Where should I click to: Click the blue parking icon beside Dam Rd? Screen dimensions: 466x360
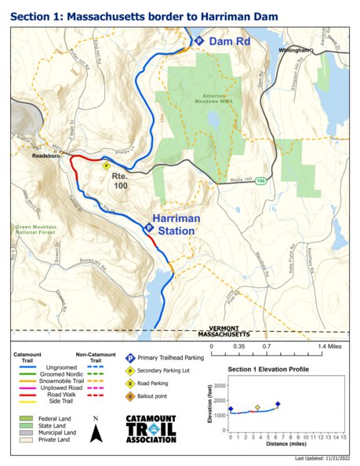pyautogui.click(x=198, y=40)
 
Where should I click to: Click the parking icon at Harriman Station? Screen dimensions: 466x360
pyautogui.click(x=149, y=228)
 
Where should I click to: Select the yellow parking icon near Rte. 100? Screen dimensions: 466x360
pyautogui.click(x=105, y=165)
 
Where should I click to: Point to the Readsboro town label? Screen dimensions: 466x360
pyautogui.click(x=45, y=155)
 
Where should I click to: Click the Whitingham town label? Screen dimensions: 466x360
pyautogui.click(x=295, y=49)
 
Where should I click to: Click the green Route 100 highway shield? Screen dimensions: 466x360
pyautogui.click(x=260, y=180)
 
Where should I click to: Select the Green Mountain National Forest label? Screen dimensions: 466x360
pyautogui.click(x=37, y=229)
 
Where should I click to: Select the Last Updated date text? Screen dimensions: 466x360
pyautogui.click(x=322, y=457)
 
